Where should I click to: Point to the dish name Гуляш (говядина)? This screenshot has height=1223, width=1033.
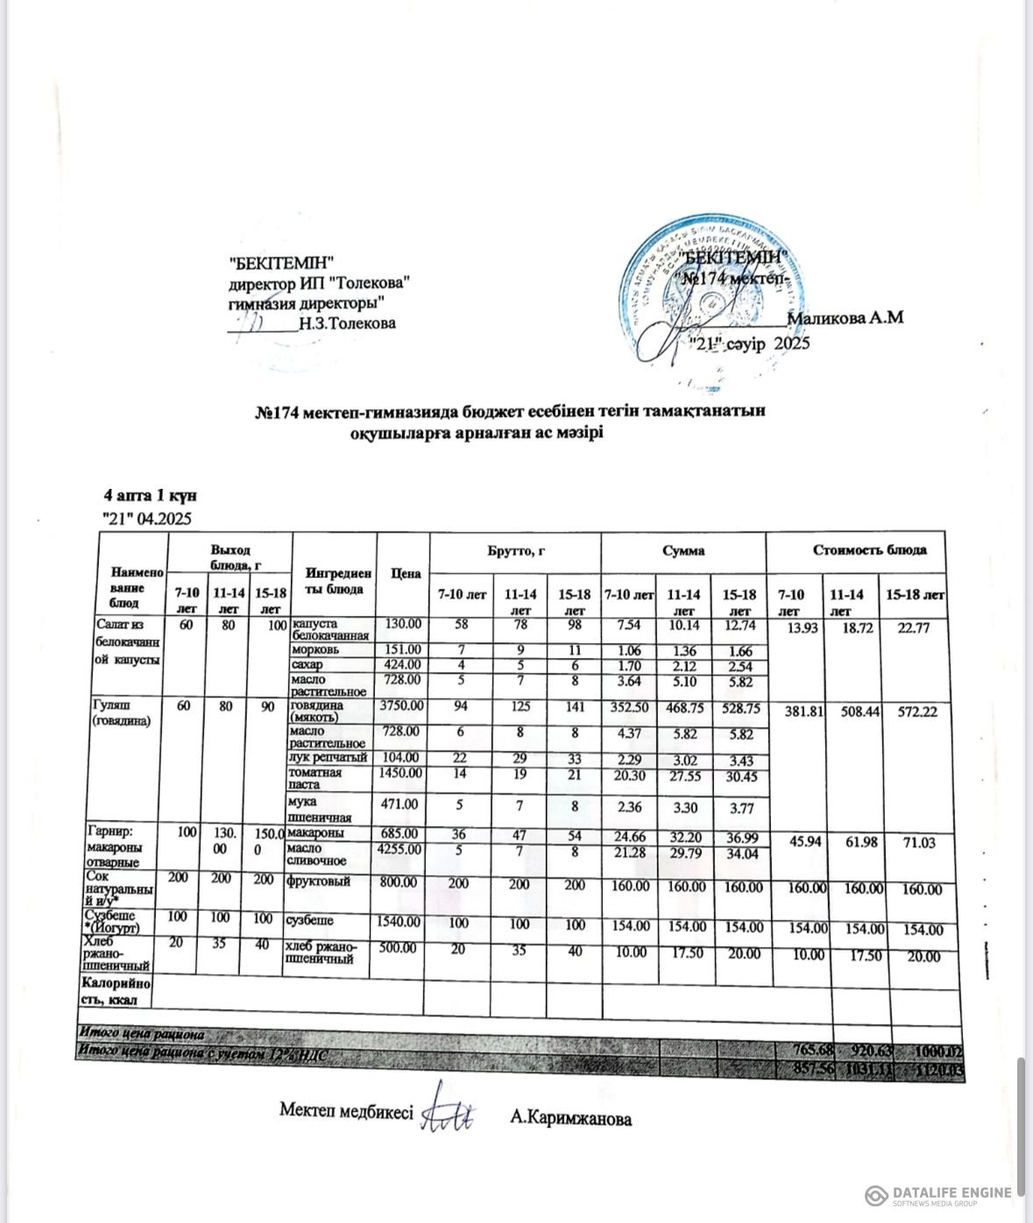(x=116, y=713)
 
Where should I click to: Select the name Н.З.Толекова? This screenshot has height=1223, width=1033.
(x=347, y=323)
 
